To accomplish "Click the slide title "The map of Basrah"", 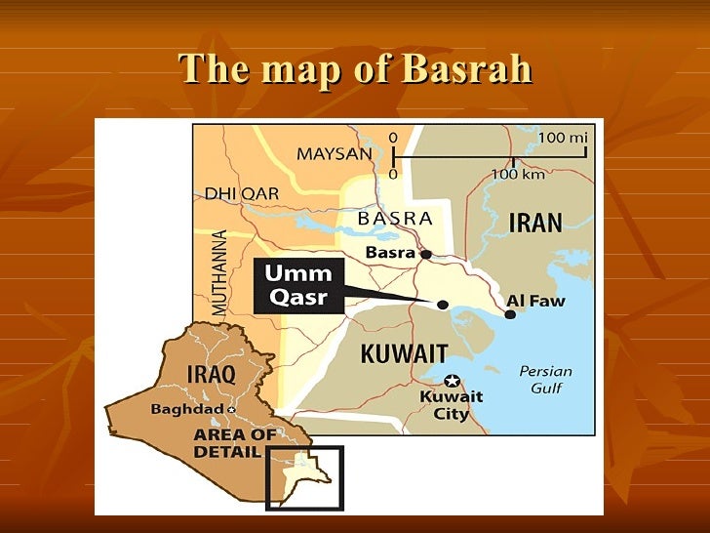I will pos(356,69).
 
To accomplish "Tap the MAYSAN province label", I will pos(334,154).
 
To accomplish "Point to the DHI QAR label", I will pos(241,193).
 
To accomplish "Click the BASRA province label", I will pos(395,219).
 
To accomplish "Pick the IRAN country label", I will pos(535,223).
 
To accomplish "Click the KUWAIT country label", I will pos(405,353).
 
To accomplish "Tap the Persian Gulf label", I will pos(545,380).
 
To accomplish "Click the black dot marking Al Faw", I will pos(510,313).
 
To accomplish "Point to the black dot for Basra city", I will pos(426,254).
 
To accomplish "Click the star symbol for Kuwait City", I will pos(451,381).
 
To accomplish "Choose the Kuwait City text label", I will pos(452,405).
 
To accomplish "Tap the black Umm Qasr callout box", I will pos(299,285).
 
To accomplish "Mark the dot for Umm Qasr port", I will pos(443,305).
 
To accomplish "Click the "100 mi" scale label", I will pos(563,138).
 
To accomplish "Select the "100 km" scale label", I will pos(517,174).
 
